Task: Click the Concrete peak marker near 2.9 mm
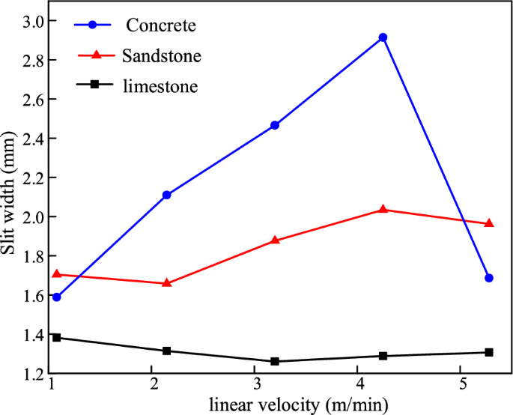coord(383,37)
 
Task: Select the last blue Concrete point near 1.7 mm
coord(489,278)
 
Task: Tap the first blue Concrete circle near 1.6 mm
coord(56,297)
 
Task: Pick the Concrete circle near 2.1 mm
coord(166,195)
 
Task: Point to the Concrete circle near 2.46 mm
coord(275,125)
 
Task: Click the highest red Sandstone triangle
coord(383,209)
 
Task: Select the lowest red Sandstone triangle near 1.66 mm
coord(166,283)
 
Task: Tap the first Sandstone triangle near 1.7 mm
coord(56,274)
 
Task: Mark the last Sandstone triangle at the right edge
coord(489,223)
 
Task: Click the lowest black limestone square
coord(275,361)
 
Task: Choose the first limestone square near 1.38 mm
coord(56,338)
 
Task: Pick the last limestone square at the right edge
coord(489,352)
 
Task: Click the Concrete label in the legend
coord(161,25)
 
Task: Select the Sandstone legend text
coord(161,56)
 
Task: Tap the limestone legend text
coord(160,86)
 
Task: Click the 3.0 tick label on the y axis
coord(31,20)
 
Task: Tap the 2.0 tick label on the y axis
coord(31,216)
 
